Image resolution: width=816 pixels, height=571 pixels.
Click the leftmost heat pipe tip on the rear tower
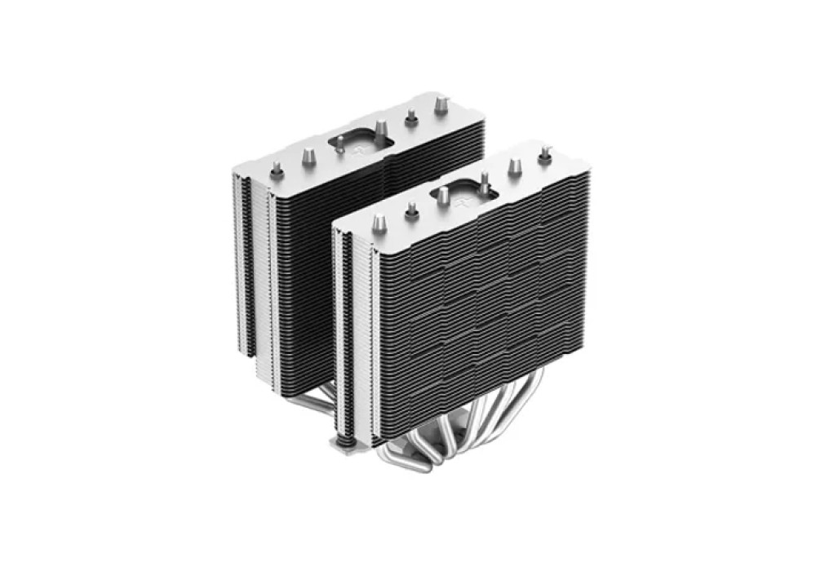pyautogui.click(x=277, y=168)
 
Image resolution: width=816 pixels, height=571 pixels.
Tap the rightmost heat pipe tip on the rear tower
pyautogui.click(x=441, y=104)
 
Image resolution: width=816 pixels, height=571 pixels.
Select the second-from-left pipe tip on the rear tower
pyautogui.click(x=308, y=155)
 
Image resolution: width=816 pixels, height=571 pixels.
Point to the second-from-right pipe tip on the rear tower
pyautogui.click(x=411, y=117)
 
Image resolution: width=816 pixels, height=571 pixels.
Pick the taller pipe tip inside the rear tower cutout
pyautogui.click(x=380, y=128)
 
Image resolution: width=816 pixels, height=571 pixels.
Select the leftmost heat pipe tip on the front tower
pyautogui.click(x=379, y=224)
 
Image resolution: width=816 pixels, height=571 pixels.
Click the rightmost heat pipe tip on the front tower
pyautogui.click(x=545, y=153)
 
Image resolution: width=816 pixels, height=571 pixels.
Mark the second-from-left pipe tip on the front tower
pyautogui.click(x=411, y=211)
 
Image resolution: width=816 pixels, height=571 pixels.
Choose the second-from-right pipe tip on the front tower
pyautogui.click(x=514, y=166)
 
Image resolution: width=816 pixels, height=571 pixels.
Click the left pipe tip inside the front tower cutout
pyautogui.click(x=443, y=196)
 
